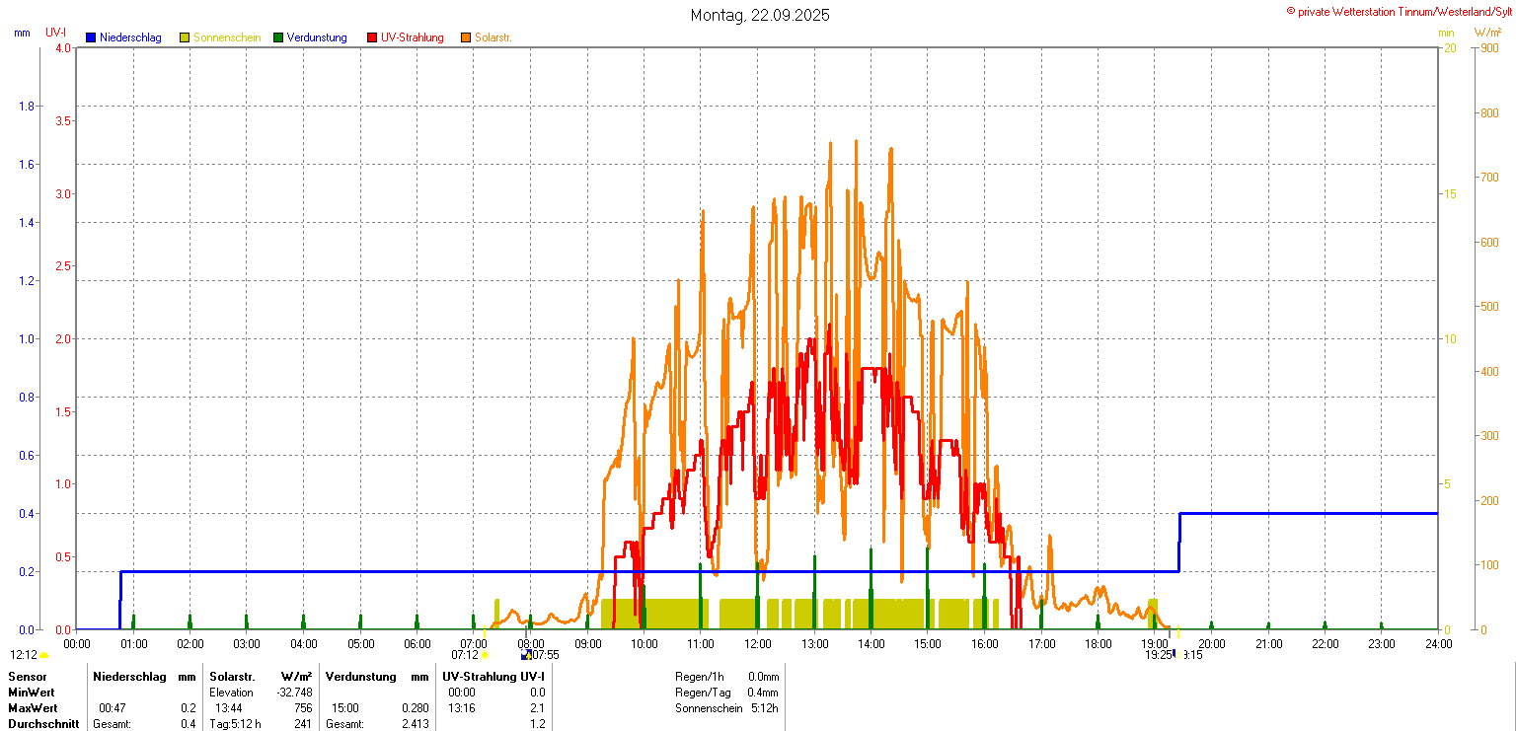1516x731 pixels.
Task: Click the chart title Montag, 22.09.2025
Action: coord(759,15)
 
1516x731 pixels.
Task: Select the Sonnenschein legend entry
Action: coord(226,37)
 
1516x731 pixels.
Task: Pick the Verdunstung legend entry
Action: coord(317,37)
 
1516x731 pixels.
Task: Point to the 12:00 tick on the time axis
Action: coord(758,644)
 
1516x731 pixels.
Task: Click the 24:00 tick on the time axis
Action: coord(1438,644)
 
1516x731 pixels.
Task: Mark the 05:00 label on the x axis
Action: coord(360,644)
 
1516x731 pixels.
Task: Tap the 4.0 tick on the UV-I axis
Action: coord(62,47)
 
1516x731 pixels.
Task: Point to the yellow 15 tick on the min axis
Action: coord(1450,193)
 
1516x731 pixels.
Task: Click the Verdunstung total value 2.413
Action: coord(416,724)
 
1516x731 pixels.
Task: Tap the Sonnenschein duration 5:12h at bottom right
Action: coord(763,708)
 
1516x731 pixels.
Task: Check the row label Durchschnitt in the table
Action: coord(43,724)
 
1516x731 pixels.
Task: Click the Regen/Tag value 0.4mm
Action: coord(763,693)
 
